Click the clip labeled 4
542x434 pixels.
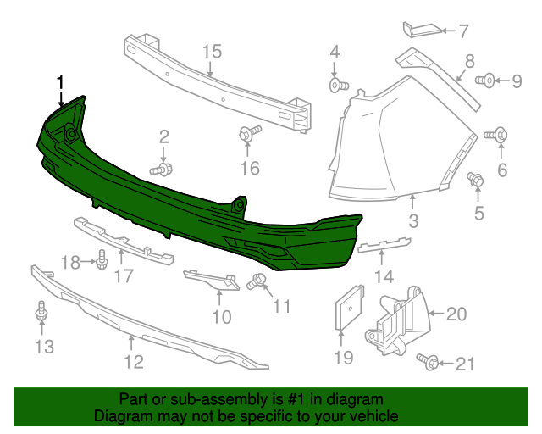[337, 86]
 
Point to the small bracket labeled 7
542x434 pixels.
[423, 31]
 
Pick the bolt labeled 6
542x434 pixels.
[497, 134]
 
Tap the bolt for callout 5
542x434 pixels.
[475, 179]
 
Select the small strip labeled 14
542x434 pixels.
[384, 248]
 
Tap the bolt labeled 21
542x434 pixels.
[429, 363]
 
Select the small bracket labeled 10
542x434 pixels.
[211, 280]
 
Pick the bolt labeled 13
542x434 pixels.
[41, 314]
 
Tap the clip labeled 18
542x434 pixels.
[102, 259]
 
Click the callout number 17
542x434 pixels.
[124, 275]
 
